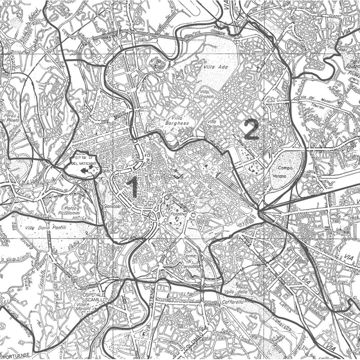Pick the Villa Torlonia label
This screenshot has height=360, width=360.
tap(216, 124)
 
